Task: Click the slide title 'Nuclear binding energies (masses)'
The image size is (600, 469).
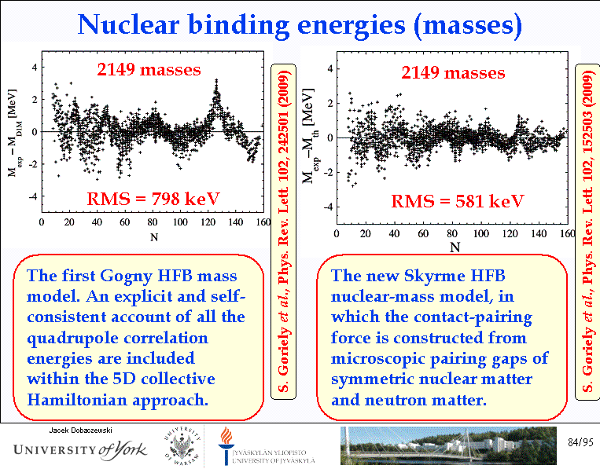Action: coord(300,25)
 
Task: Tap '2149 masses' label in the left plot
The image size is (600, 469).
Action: coord(149,69)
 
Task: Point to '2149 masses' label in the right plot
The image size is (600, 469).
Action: coord(453,73)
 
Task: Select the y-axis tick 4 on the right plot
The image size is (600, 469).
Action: coord(329,69)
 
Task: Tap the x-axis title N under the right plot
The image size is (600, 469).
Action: coord(455,247)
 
